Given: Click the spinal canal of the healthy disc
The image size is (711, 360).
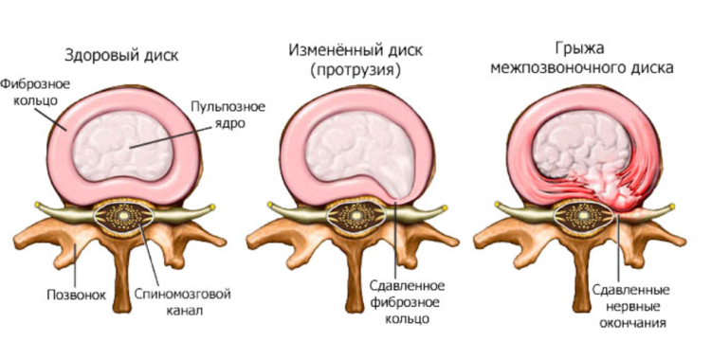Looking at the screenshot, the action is tap(127, 217).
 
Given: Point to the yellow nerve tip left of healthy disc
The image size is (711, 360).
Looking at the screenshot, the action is tap(37, 206).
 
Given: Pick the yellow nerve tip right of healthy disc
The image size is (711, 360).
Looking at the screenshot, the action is tap(216, 206).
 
